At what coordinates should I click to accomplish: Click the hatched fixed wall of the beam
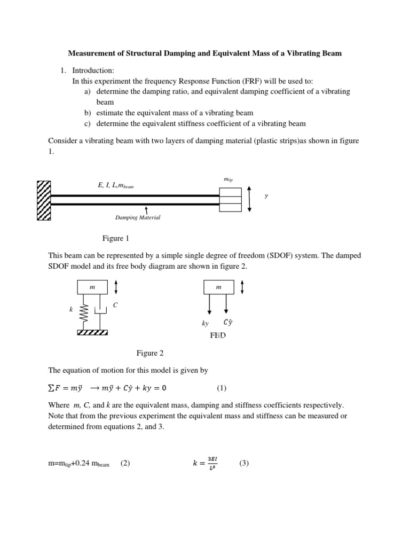pos(44,200)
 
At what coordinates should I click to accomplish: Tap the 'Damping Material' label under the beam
pos(138,217)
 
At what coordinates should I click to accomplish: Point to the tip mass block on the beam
pos(230,200)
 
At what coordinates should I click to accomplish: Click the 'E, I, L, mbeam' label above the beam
pos(116,185)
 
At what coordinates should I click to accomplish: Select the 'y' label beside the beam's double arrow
pos(266,196)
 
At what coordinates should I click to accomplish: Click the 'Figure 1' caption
pos(116,238)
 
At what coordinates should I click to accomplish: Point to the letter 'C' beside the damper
pos(115,305)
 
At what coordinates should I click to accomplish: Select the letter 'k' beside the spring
pos(70,309)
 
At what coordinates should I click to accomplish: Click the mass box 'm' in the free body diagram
pos(218,287)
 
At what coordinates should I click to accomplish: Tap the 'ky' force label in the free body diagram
pos(206,323)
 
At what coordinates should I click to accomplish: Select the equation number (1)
pos(222,388)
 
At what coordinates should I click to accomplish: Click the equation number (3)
pos(244,464)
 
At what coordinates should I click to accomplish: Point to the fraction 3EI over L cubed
pos(212,463)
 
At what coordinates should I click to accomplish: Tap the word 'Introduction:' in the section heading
pos(93,71)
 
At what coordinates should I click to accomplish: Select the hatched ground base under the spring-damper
pos(92,332)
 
